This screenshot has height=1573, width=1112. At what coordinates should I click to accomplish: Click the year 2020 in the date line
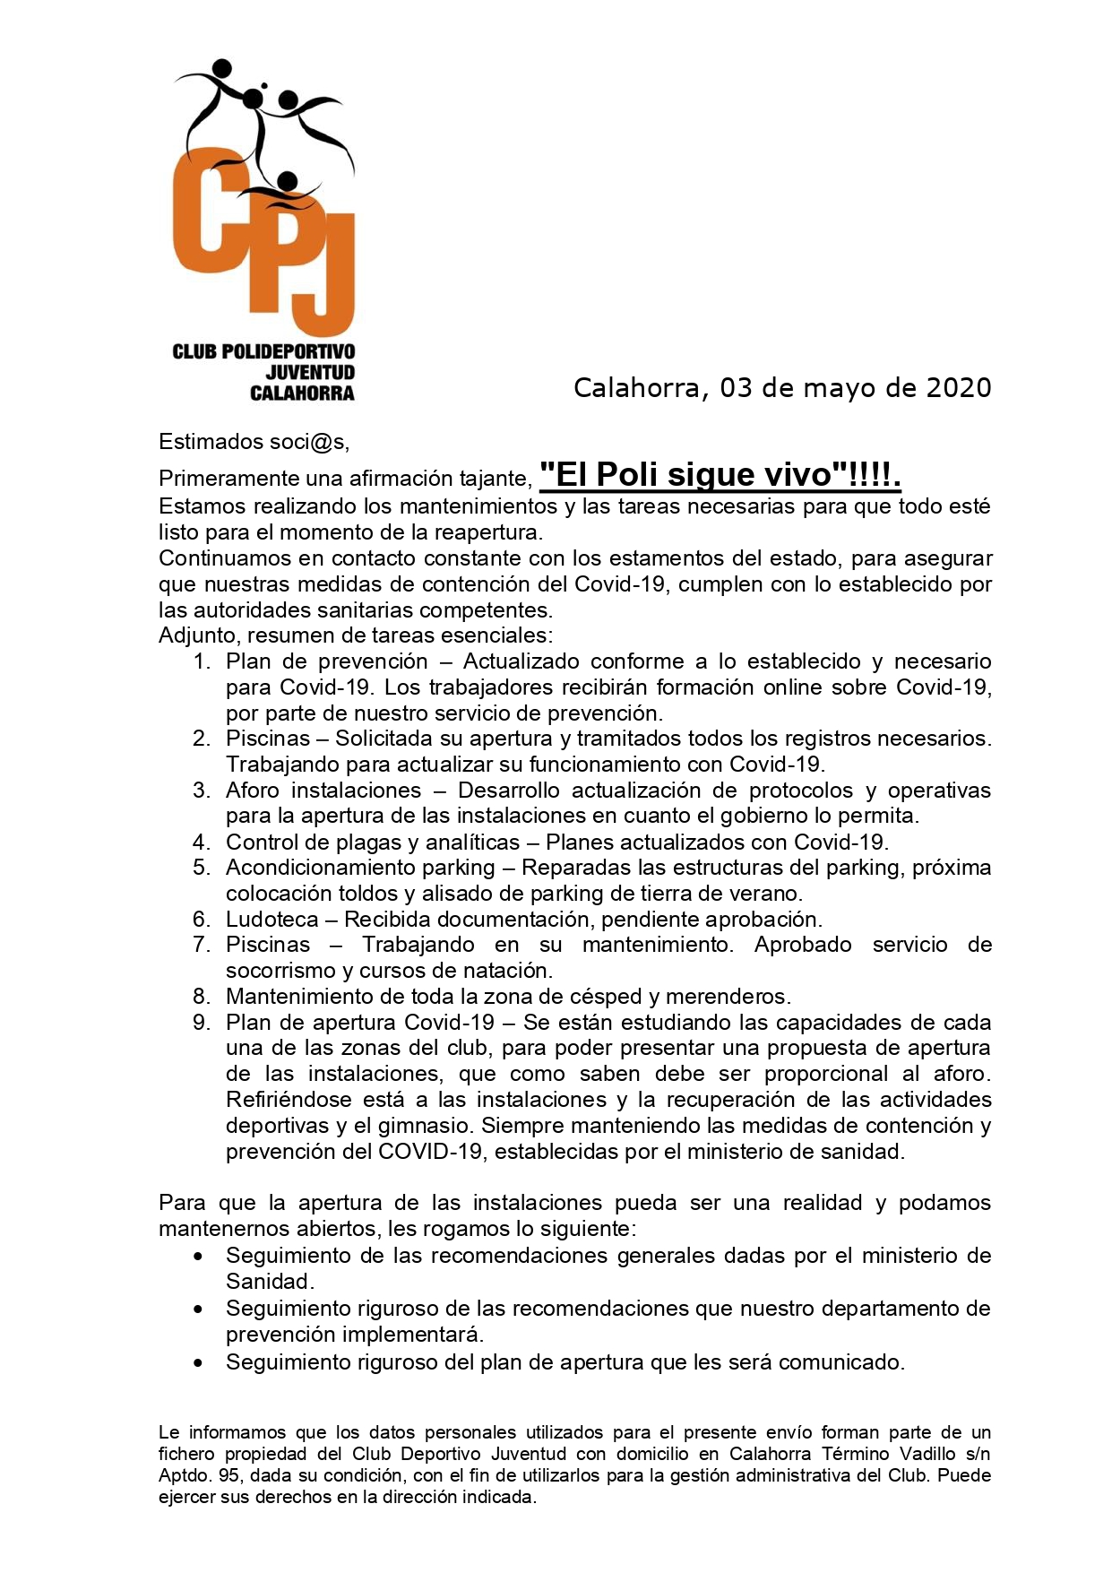pyautogui.click(x=958, y=388)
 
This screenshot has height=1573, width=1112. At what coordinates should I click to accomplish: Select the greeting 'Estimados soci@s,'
pyautogui.click(x=254, y=442)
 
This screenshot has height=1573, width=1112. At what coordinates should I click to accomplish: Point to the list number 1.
pyautogui.click(x=202, y=661)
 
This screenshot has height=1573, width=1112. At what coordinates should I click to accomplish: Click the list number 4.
pyautogui.click(x=202, y=843)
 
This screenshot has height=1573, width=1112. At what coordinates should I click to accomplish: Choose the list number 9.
pyautogui.click(x=202, y=1023)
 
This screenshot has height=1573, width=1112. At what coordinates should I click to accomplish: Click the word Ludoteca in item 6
pyautogui.click(x=272, y=920)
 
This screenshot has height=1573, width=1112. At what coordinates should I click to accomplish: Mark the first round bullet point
pyautogui.click(x=198, y=1257)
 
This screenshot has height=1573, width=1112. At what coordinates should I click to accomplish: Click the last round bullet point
pyautogui.click(x=198, y=1363)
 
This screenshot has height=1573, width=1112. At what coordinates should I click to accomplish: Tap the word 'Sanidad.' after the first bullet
pyautogui.click(x=270, y=1282)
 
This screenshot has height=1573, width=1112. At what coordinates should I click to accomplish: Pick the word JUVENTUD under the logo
pyautogui.click(x=310, y=372)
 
